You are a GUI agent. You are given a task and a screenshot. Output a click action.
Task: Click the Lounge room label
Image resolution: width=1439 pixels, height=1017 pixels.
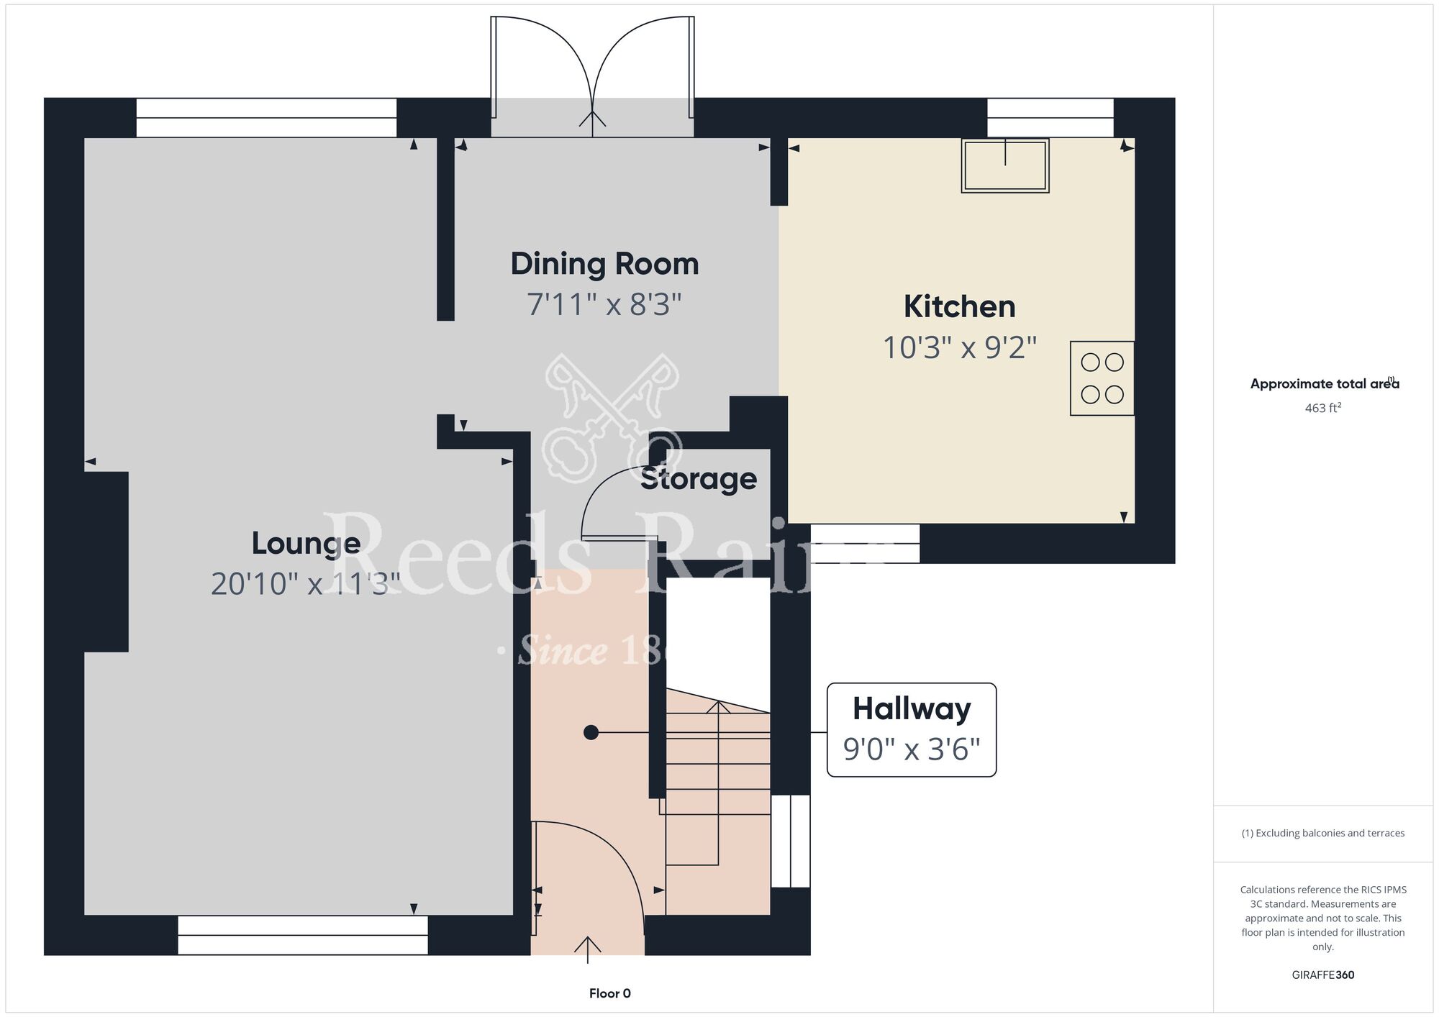click(x=306, y=544)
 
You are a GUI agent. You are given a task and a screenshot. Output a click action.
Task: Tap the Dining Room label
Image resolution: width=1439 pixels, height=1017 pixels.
click(x=604, y=264)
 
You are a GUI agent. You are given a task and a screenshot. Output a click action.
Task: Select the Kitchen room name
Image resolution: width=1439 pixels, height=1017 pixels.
click(x=960, y=307)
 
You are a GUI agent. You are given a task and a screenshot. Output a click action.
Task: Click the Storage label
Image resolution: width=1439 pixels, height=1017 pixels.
click(x=698, y=479)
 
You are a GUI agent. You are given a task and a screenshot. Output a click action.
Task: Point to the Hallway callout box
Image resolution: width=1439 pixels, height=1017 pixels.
click(x=912, y=729)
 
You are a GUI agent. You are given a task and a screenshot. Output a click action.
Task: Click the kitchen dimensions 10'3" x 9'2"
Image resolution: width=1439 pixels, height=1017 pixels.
click(x=960, y=348)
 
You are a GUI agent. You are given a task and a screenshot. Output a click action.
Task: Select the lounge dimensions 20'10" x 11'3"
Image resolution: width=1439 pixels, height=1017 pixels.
click(x=306, y=584)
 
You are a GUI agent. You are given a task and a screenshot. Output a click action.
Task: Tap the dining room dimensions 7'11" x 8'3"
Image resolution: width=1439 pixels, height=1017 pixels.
click(x=604, y=304)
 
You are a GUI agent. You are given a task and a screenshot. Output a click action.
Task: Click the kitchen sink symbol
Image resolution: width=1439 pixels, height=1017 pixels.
click(x=1005, y=165)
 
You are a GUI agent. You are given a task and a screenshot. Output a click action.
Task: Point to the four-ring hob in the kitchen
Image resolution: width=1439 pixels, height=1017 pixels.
click(x=1102, y=378)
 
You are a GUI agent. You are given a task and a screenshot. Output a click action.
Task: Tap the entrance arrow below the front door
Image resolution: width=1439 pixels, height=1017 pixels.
click(x=588, y=949)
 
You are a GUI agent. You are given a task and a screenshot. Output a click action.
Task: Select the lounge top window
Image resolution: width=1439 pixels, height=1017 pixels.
click(x=266, y=118)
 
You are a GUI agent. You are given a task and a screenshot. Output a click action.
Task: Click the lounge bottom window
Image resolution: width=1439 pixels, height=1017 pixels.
click(x=303, y=935)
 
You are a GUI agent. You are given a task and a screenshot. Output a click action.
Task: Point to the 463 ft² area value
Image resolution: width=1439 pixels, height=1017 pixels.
click(x=1323, y=408)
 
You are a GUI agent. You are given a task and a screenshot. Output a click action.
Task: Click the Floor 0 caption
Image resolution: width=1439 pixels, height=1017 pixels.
click(x=610, y=993)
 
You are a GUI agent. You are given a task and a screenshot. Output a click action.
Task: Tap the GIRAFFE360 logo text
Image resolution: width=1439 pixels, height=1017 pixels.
click(x=1323, y=975)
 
